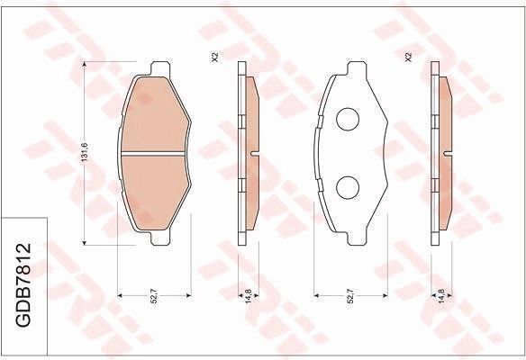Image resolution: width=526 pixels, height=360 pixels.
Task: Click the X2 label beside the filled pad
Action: (214, 57)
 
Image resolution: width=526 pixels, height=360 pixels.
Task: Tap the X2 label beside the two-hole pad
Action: (408, 57)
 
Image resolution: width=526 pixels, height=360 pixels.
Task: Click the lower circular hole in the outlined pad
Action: (347, 186)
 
